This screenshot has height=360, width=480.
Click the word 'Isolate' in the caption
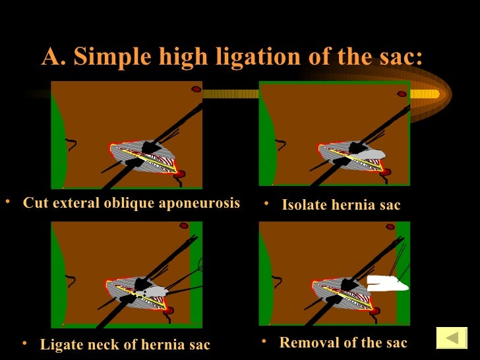pyautogui.click(x=303, y=205)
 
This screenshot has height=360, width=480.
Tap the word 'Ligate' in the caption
pyautogui.click(x=60, y=344)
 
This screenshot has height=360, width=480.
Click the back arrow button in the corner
pyautogui.click(x=452, y=338)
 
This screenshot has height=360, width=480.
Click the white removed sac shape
pyautogui.click(x=387, y=284)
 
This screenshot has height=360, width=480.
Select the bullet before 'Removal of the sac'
pyautogui.click(x=264, y=342)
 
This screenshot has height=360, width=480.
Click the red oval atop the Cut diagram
pyautogui.click(x=196, y=88)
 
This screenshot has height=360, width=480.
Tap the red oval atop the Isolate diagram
pyautogui.click(x=402, y=94)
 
